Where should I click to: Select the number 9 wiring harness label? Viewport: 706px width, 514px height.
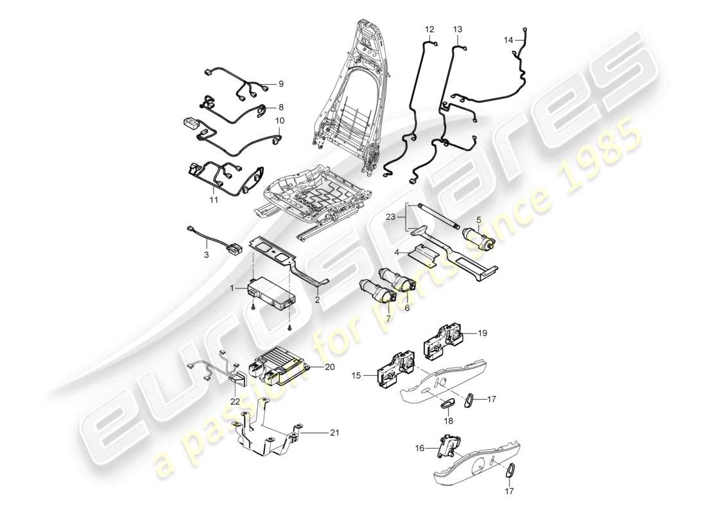pyautogui.click(x=280, y=84)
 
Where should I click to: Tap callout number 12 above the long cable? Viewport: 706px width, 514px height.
pyautogui.click(x=429, y=30)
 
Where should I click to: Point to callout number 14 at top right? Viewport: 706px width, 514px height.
pyautogui.click(x=508, y=40)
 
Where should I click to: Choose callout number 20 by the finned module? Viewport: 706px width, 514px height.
pyautogui.click(x=330, y=367)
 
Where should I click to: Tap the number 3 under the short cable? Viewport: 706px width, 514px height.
pyautogui.click(x=207, y=256)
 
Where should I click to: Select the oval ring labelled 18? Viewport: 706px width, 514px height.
pyautogui.click(x=447, y=403)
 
